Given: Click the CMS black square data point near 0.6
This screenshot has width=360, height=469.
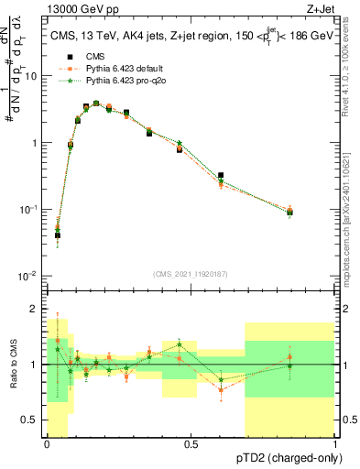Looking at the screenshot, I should (221, 175).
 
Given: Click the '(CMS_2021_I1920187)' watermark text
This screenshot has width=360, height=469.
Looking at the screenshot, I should (191, 273).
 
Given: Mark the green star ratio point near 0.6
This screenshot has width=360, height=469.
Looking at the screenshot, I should (221, 379).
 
